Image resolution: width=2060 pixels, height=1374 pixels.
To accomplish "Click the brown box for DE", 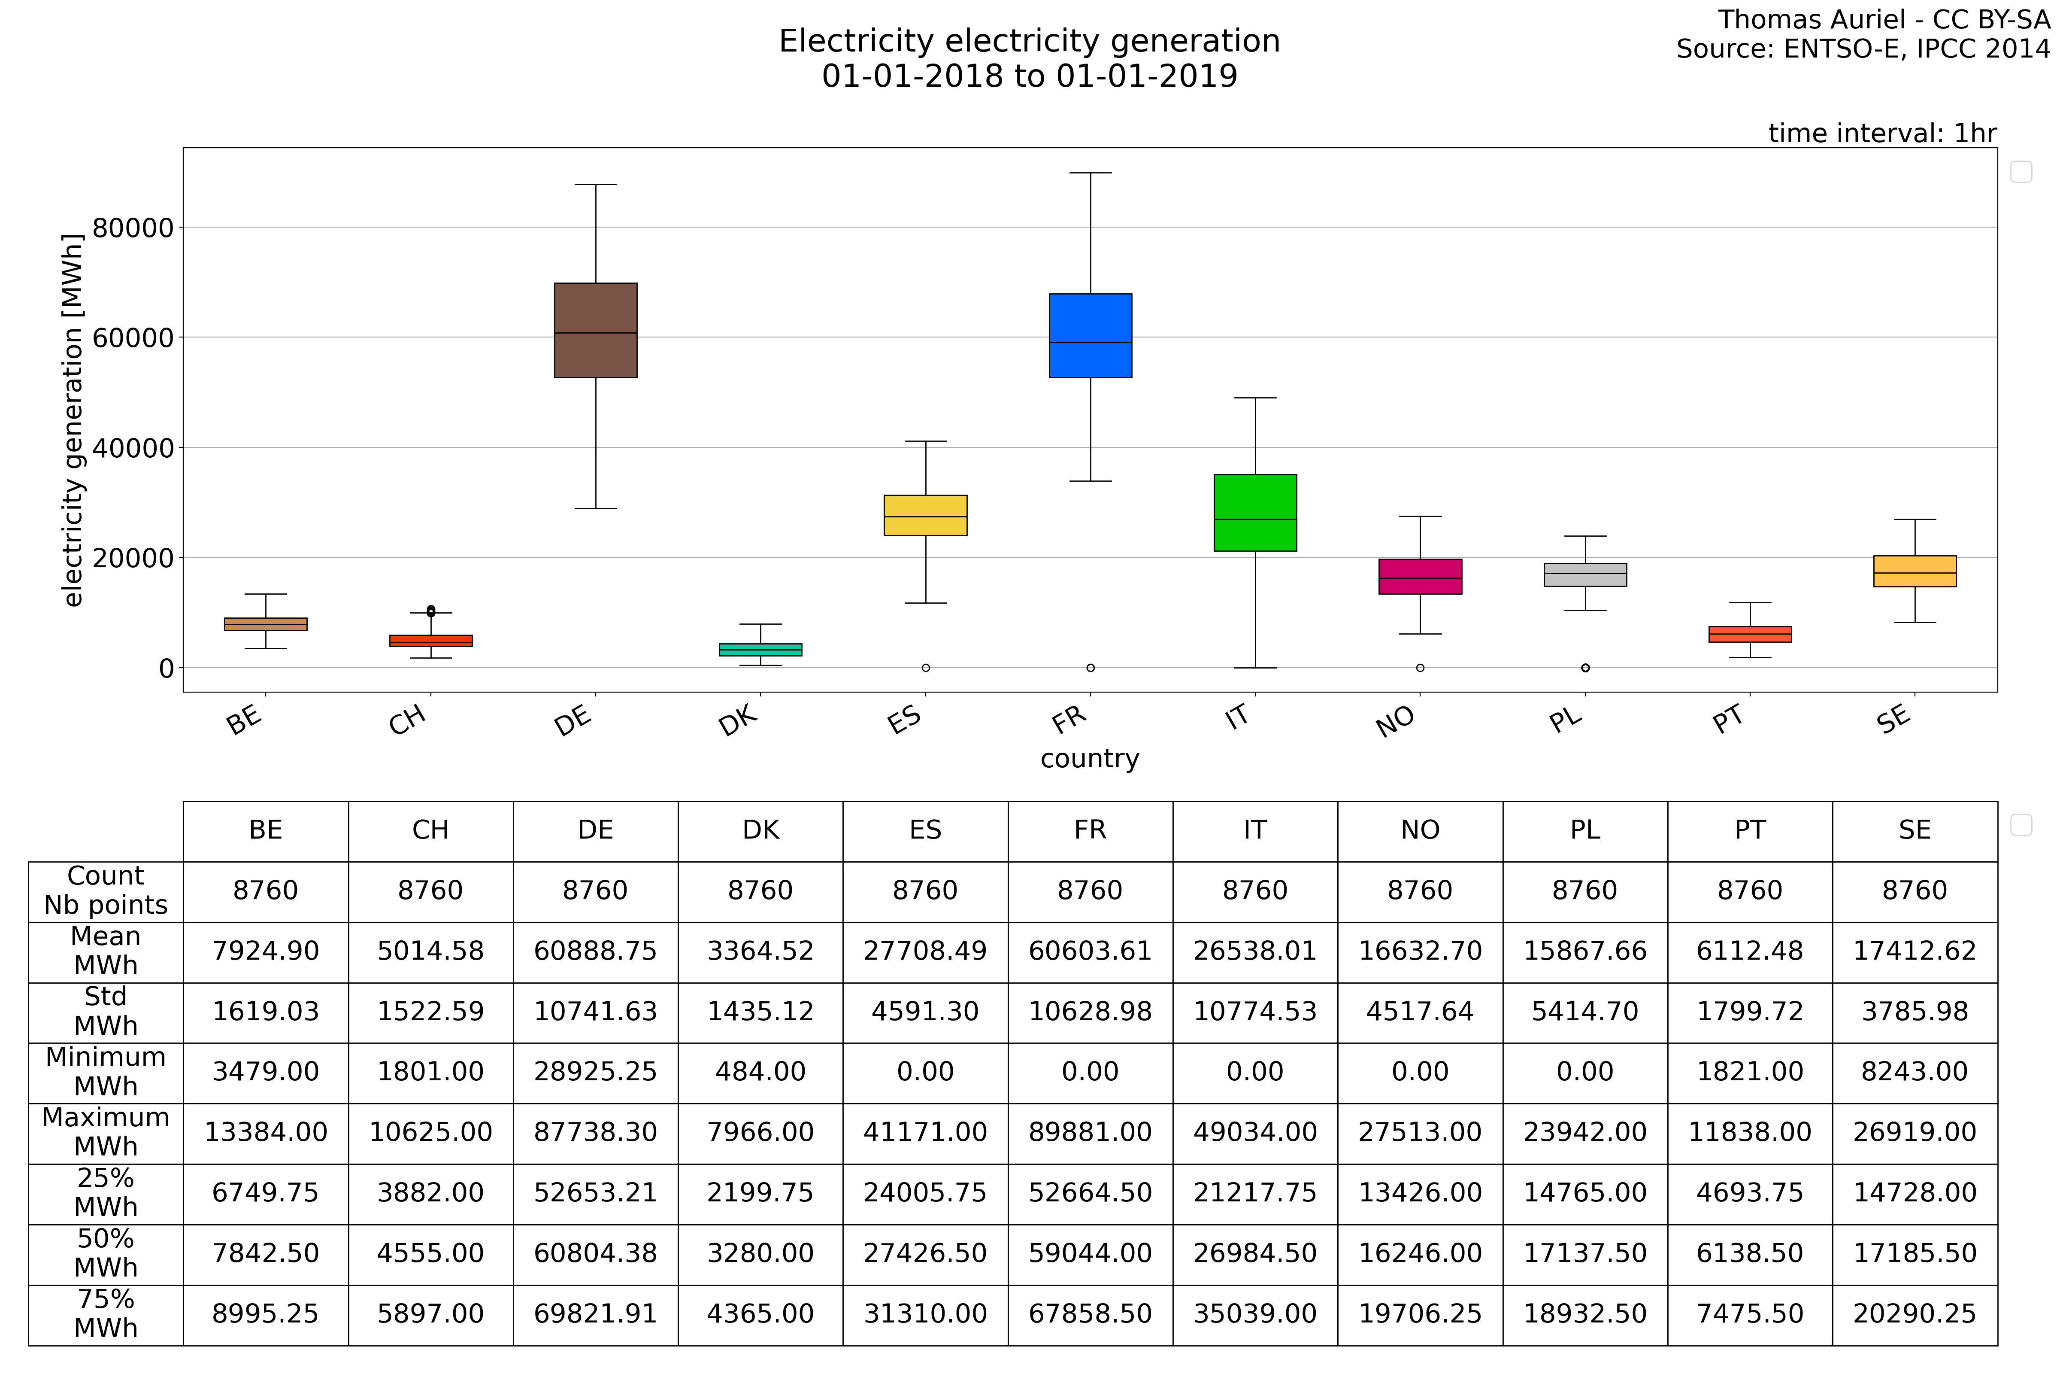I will coord(596,330).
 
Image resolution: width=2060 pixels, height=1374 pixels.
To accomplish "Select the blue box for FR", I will coord(1091,336).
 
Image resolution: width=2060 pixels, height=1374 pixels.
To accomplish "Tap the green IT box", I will coord(1255,513).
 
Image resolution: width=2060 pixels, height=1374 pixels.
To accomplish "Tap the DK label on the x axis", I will coord(738,721).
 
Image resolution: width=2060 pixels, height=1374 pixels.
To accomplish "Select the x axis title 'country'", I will coord(1090,759).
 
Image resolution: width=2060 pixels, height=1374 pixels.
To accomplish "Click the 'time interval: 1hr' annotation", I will coord(1882,133).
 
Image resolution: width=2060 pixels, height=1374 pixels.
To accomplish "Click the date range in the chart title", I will coord(1029,76).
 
